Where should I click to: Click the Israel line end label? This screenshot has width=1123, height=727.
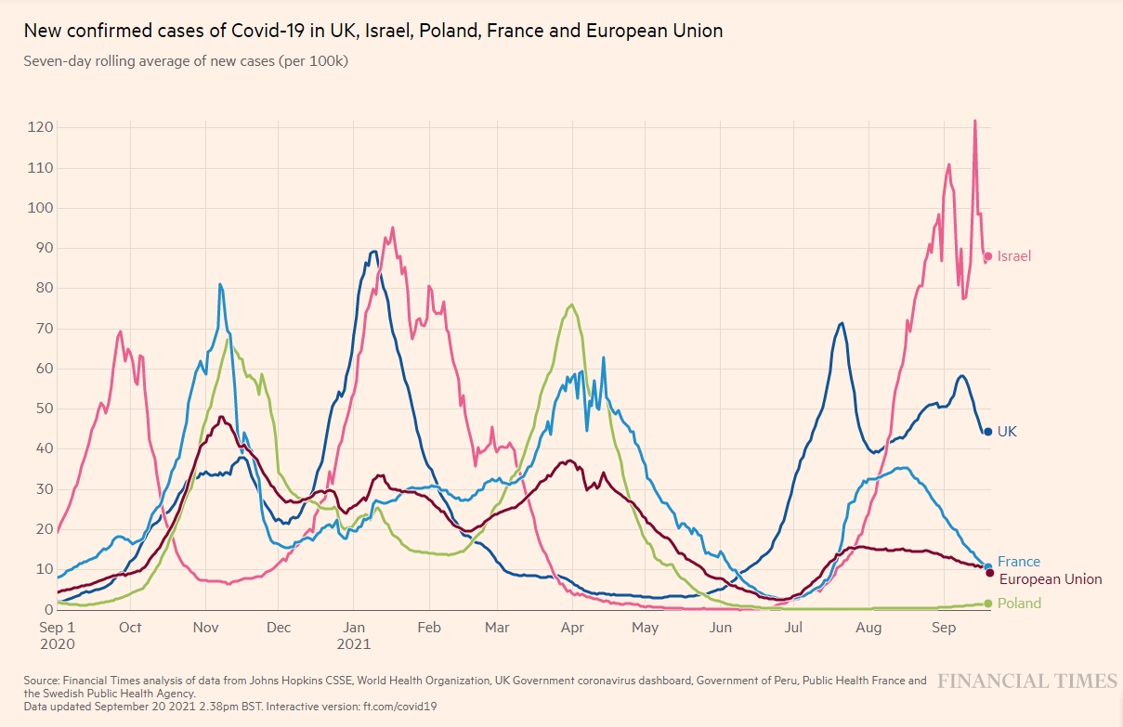click(1014, 256)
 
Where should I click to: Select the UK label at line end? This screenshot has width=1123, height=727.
click(1007, 432)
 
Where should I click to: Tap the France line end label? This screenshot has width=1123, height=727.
click(1019, 562)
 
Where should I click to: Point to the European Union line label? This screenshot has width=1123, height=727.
click(1050, 579)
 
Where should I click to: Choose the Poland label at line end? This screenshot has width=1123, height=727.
click(1019, 604)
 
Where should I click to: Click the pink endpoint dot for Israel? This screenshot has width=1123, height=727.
click(989, 256)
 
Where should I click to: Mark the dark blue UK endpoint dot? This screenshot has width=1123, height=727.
click(988, 432)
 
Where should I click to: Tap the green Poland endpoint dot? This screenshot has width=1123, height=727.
click(988, 604)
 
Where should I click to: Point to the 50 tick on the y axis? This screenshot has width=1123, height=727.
click(40, 409)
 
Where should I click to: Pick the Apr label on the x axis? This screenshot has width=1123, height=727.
click(571, 629)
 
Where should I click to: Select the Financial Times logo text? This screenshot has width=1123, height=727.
click(1026, 682)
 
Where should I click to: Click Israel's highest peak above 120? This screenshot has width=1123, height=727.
click(974, 121)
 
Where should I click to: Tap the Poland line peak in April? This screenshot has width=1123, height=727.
click(571, 305)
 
